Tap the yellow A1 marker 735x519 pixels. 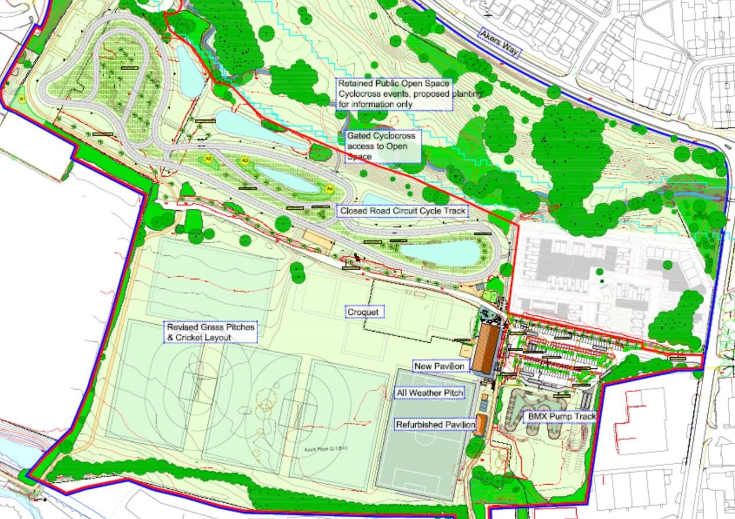23,99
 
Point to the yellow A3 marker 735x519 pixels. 245,161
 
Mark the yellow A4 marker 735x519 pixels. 329,188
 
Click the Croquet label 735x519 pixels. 363,313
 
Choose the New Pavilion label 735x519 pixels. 439,366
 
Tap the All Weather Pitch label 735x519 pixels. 430,394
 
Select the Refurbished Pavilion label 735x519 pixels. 435,424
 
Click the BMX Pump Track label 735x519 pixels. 559,416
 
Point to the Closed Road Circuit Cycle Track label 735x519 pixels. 403,211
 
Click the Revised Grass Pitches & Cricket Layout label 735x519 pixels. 210,332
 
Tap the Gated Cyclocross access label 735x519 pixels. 382,146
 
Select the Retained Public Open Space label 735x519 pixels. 394,93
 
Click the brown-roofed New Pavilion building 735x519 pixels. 486,348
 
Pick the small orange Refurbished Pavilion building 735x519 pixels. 481,425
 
